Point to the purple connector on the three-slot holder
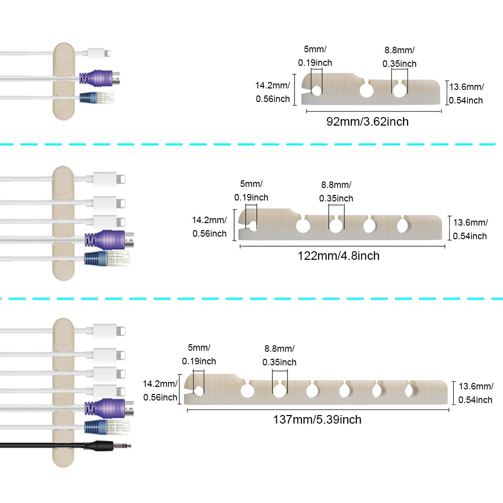click(x=100, y=78)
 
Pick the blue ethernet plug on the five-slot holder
click(x=107, y=259)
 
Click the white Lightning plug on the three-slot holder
click(x=99, y=52)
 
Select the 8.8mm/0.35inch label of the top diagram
click(x=399, y=57)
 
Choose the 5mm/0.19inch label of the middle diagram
click(x=251, y=191)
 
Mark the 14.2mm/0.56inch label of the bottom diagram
click(x=160, y=390)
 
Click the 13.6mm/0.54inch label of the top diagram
click(x=466, y=93)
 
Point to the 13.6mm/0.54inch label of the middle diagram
click(x=470, y=229)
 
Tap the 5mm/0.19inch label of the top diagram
click(x=315, y=56)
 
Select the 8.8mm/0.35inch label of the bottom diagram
click(x=279, y=355)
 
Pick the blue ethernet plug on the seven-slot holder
click(x=107, y=426)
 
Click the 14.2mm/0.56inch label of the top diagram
click(x=273, y=92)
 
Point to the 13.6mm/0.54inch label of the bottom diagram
click(x=475, y=393)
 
